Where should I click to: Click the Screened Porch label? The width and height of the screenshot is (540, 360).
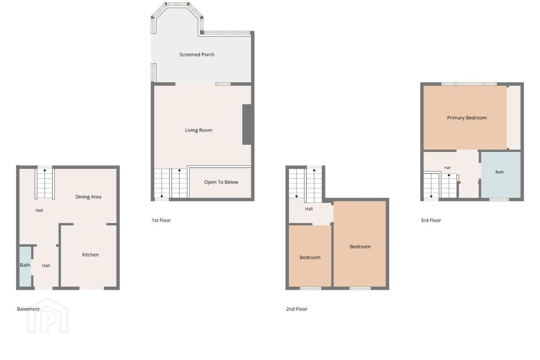[x=197, y=54]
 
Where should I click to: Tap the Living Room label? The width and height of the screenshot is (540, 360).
[x=198, y=130]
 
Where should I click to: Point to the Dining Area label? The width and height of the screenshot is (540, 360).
[x=88, y=197]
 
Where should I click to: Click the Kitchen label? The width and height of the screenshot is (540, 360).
[x=90, y=255]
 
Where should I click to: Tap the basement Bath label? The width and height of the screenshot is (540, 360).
[x=25, y=265]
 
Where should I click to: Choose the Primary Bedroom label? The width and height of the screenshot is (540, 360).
[x=467, y=118]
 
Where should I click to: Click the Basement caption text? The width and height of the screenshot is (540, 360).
[x=28, y=309]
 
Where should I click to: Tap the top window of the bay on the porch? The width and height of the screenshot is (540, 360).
[x=177, y=4]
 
